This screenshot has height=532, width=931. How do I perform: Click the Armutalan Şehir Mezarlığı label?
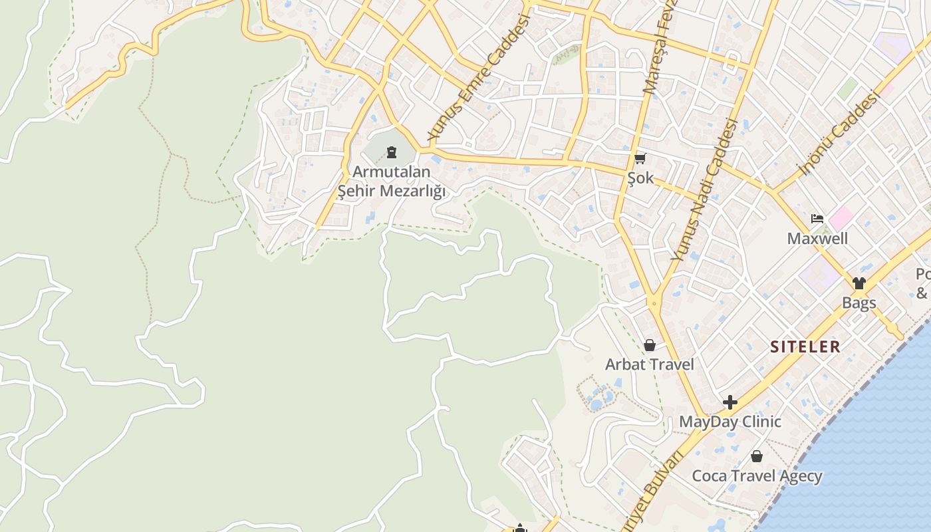click(391, 182)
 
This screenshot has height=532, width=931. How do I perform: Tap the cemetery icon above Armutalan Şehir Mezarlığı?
click(392, 154)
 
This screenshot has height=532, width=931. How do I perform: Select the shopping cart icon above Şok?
click(640, 158)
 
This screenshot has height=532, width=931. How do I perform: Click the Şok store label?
click(640, 178)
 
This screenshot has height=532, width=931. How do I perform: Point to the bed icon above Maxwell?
click(817, 219)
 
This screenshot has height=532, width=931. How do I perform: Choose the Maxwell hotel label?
click(817, 238)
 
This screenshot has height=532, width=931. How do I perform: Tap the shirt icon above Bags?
click(859, 283)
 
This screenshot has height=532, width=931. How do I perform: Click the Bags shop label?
click(859, 303)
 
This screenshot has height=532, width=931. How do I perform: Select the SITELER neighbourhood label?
click(805, 346)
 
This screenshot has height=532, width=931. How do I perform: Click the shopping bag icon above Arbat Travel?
click(650, 345)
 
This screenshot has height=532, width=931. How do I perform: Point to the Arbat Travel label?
click(649, 364)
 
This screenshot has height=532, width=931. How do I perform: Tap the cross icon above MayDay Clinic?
click(730, 402)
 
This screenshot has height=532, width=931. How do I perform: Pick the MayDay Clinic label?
click(730, 422)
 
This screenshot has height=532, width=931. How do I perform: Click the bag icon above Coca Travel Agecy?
click(757, 456)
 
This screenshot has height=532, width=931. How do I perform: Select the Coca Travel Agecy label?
click(757, 476)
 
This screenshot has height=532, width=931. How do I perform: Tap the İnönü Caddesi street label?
click(839, 133)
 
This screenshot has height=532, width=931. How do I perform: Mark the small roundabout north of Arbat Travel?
click(654, 303)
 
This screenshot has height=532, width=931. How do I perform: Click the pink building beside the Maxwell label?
click(841, 217)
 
